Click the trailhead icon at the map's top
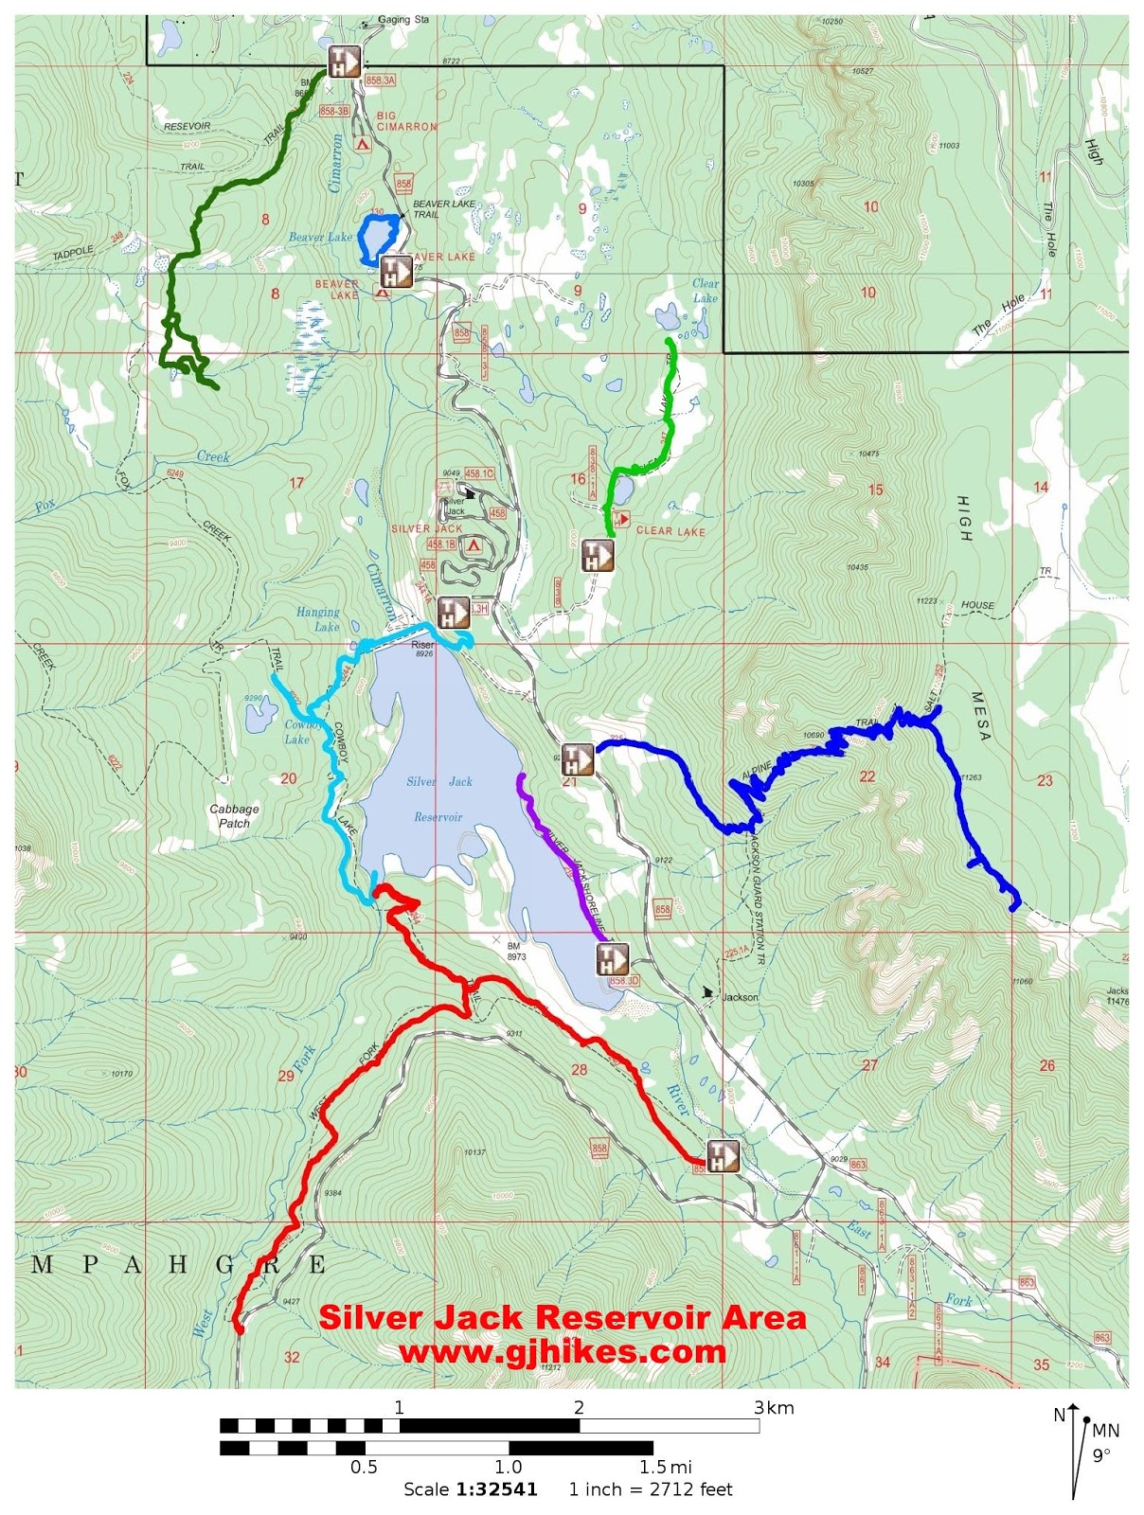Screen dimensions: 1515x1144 343,62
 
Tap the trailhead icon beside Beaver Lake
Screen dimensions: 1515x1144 396,272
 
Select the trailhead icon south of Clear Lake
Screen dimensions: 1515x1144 598,556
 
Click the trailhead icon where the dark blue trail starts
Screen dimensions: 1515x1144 577,759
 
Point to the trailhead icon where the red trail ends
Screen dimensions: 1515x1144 723,1156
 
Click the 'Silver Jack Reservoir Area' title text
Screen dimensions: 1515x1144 562,1317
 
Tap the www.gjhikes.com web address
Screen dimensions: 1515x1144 562,1351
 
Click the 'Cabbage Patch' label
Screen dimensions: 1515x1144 234,815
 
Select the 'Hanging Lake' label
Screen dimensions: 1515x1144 318,619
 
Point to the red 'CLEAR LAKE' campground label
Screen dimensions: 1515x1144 670,531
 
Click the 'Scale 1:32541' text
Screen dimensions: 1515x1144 471,1489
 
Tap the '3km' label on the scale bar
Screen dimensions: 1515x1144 774,1408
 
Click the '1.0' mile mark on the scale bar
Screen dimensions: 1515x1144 509,1468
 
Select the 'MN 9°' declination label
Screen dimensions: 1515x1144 1103,1442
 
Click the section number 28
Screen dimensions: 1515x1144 580,1070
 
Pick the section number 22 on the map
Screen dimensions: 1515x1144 867,776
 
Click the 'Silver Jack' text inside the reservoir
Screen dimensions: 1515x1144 439,782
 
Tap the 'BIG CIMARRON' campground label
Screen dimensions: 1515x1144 406,121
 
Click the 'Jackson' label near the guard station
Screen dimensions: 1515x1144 740,997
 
